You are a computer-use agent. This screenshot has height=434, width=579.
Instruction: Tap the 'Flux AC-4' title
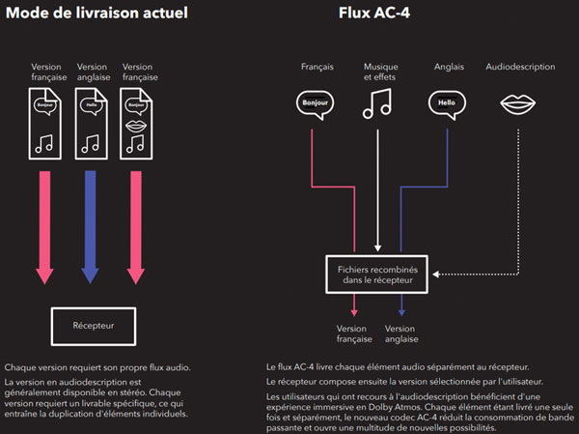tap(376, 14)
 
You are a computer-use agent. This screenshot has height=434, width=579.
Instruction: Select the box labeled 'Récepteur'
tap(93, 326)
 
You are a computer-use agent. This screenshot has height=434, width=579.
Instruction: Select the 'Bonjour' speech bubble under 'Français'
tap(314, 101)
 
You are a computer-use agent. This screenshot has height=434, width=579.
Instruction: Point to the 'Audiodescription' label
tap(521, 67)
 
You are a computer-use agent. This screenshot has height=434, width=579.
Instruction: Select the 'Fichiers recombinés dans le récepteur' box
tap(376, 275)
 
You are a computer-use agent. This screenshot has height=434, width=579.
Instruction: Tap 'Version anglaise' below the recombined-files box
tap(400, 334)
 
